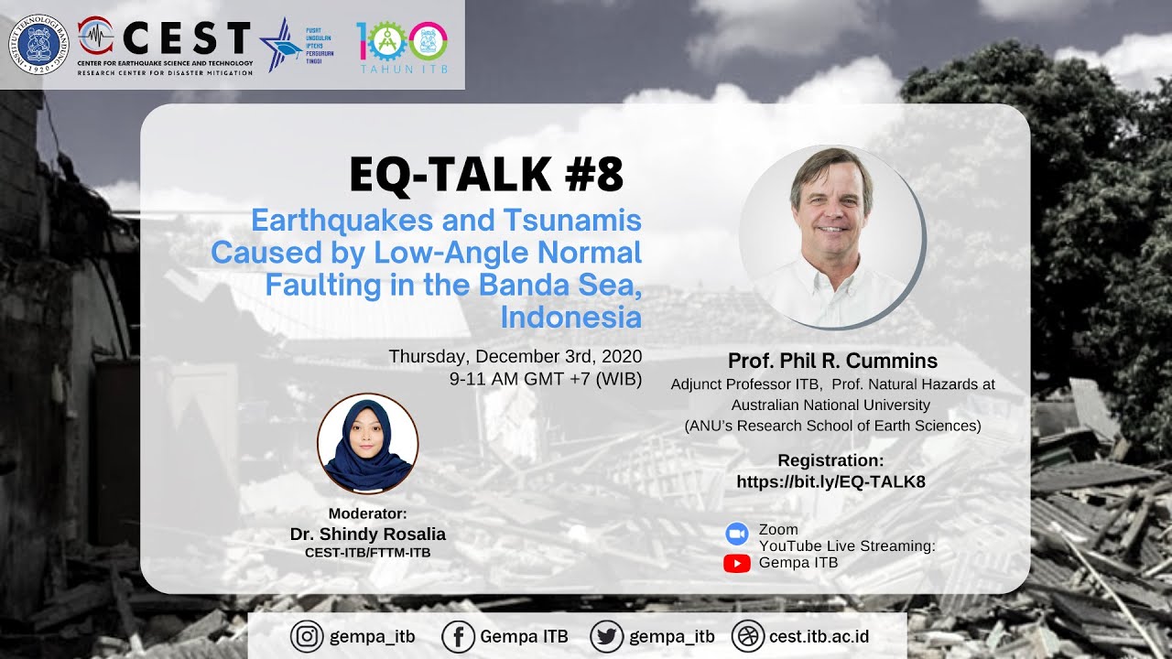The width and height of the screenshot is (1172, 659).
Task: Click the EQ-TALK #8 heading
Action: pyautogui.click(x=486, y=175)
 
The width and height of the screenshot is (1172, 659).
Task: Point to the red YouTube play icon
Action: pyautogui.click(x=736, y=563)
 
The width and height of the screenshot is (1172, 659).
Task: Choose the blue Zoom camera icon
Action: pyautogui.click(x=736, y=534)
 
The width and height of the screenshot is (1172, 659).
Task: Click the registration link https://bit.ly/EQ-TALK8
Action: pyautogui.click(x=830, y=481)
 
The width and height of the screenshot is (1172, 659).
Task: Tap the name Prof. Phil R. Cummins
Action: pyautogui.click(x=832, y=361)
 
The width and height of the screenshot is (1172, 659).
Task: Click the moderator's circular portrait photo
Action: pyautogui.click(x=367, y=444)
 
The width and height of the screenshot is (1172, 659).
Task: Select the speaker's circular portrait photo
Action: pyautogui.click(x=831, y=236)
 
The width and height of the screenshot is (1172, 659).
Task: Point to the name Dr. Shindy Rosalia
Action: pyautogui.click(x=368, y=535)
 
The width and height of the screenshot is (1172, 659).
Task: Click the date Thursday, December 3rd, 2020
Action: pyautogui.click(x=515, y=356)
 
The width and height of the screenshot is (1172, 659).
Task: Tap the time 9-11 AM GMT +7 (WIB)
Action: pyautogui.click(x=546, y=378)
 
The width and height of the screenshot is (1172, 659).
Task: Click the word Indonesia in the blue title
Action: pyautogui.click(x=570, y=318)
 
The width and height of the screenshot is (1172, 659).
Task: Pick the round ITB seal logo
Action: pyautogui.click(x=39, y=44)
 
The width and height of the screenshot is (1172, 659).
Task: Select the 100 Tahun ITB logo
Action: pyautogui.click(x=402, y=46)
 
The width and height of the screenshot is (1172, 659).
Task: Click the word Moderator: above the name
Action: pyautogui.click(x=367, y=513)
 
